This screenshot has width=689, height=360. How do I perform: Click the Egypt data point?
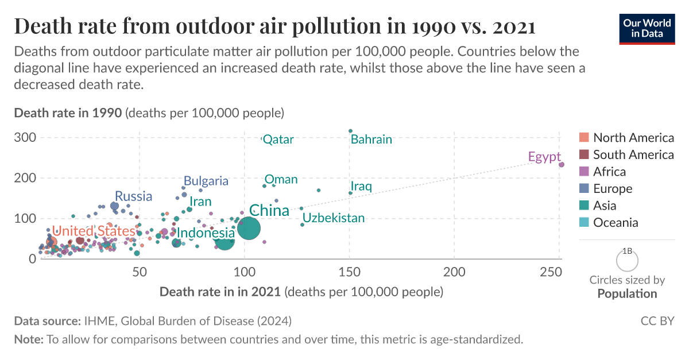pyautogui.click(x=562, y=164)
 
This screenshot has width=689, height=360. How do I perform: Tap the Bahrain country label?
pyautogui.click(x=371, y=140)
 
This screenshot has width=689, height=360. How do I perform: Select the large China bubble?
pyautogui.click(x=248, y=228)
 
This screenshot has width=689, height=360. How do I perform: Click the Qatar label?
pyautogui.click(x=278, y=140)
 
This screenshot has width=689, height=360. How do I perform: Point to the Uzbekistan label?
pyautogui.click(x=334, y=218)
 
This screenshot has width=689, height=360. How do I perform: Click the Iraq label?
pyautogui.click(x=361, y=187)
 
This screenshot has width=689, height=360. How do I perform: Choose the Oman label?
pyautogui.click(x=281, y=180)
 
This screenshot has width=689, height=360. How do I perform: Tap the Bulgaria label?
pyautogui.click(x=206, y=181)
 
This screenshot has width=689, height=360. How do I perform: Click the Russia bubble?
pyautogui.click(x=114, y=206)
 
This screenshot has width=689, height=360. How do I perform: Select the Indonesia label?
pyautogui.click(x=206, y=233)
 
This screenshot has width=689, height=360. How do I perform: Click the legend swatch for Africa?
pyautogui.click(x=585, y=172)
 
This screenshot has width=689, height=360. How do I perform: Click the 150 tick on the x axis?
pyautogui.click(x=350, y=271)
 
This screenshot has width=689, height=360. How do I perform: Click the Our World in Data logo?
pyautogui.click(x=647, y=28)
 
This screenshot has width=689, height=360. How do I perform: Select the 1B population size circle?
pyautogui.click(x=627, y=260)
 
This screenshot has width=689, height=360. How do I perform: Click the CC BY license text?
pyautogui.click(x=657, y=320)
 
